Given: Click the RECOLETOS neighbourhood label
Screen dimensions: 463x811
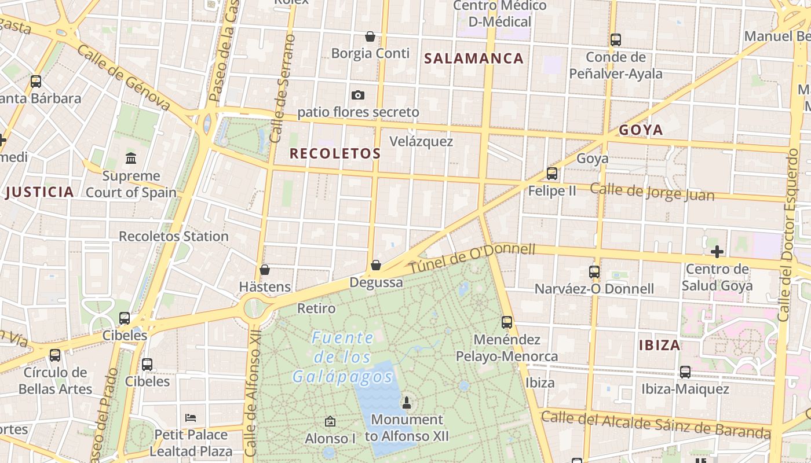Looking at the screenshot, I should pos(335,153).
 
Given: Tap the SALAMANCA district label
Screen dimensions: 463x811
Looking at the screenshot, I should pos(474,58).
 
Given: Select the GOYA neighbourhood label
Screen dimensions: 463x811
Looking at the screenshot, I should pos(641,130).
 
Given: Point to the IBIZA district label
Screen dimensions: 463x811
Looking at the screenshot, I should pos(659,346).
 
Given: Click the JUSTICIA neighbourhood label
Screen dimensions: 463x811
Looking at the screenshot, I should pos(39,192).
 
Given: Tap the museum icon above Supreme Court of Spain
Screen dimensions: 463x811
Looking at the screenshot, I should pos(131,157).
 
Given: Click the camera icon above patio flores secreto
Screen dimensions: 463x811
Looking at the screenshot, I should pos(358,95).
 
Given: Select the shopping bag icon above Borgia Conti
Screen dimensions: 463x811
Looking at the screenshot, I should pos(370,37).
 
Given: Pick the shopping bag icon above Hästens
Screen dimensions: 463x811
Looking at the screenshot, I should pos(265,270).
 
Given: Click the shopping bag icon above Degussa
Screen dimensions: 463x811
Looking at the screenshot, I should pos(376,266).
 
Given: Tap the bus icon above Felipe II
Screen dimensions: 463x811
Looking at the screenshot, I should pos(552,174).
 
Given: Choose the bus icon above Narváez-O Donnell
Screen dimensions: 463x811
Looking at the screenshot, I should pos(594,272).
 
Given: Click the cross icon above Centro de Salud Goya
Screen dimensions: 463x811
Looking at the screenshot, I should pos(717,252).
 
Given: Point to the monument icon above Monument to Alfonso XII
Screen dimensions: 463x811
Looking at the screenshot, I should pos(407,402).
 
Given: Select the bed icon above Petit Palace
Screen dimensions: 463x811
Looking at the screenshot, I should pos(191,417).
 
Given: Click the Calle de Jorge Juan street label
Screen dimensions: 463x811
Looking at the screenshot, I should pos(652,192).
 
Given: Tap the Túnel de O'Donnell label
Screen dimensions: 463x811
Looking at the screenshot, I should pos(472,259).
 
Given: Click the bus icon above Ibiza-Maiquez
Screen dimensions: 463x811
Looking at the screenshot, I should pos(685,372).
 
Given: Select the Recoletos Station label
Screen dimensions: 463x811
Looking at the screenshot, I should pos(174,236).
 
